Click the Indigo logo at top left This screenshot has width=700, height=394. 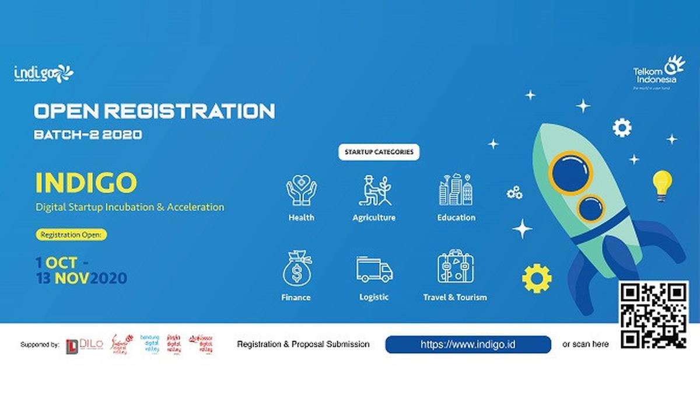(x=44, y=73)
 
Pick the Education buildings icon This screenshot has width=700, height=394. (x=456, y=190)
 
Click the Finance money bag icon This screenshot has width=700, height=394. (x=296, y=269)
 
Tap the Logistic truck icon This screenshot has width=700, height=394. (x=374, y=269)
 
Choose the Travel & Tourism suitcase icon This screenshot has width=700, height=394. (x=455, y=268)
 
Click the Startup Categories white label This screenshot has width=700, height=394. (x=379, y=152)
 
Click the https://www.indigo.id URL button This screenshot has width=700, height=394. (x=468, y=344)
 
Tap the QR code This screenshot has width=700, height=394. (x=653, y=315)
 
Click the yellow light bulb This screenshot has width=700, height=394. (x=661, y=184)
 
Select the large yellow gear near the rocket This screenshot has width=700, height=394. (x=537, y=278)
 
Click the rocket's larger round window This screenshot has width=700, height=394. (x=570, y=172)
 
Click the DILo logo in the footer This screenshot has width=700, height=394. (x=85, y=344)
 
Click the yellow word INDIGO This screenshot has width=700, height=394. (x=86, y=183)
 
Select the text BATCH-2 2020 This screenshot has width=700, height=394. (x=87, y=134)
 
